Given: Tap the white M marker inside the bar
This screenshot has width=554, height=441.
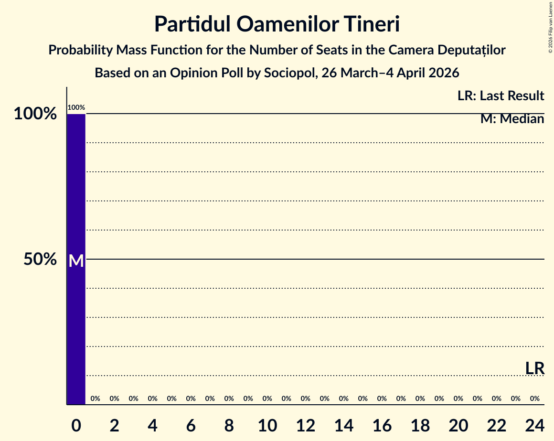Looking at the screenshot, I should [x=76, y=261].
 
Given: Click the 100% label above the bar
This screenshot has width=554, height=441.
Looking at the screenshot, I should [x=76, y=108].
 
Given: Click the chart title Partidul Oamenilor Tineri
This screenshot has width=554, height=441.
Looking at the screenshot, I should [x=277, y=24].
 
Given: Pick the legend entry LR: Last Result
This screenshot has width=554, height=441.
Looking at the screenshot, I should [x=501, y=96].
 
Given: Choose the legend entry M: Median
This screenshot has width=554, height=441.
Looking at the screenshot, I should [x=512, y=119].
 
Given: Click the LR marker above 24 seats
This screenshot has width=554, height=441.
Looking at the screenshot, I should [x=534, y=368].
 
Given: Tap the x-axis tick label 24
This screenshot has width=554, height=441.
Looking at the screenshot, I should [x=535, y=425].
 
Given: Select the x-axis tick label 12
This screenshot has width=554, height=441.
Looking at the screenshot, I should [x=306, y=425].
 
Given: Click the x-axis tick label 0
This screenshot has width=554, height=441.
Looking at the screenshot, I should [x=76, y=425].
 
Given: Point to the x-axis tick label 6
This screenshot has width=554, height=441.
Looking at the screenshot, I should [x=191, y=425].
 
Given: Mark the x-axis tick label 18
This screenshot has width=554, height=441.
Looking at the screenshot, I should [x=420, y=425].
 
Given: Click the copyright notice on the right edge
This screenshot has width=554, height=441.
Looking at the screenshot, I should [x=550, y=27].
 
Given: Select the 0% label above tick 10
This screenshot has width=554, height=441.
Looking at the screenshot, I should [x=267, y=399].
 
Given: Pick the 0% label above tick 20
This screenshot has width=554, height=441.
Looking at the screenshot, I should [x=458, y=399].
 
